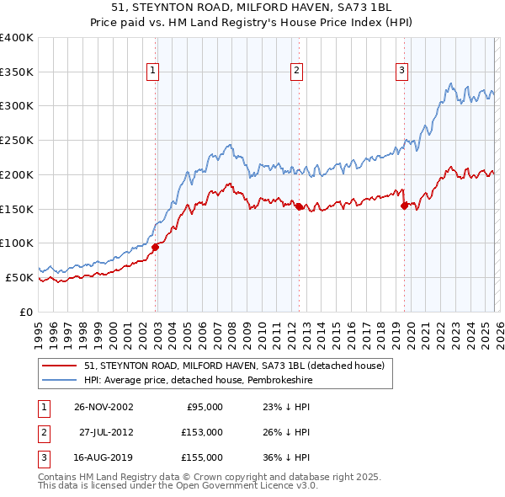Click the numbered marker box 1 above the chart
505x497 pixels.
click(153, 72)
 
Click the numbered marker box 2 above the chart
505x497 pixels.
click(297, 72)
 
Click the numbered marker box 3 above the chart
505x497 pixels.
click(402, 72)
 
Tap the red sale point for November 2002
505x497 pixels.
click(156, 247)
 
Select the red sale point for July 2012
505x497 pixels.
click(299, 206)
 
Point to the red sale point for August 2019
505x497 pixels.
click(404, 205)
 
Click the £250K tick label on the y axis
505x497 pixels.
click(17, 141)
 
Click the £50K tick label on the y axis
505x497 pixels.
click(19, 277)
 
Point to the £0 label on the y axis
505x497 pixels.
click(26, 312)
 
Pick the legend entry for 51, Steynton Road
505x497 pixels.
click(234, 366)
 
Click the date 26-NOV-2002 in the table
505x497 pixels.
click(104, 406)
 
